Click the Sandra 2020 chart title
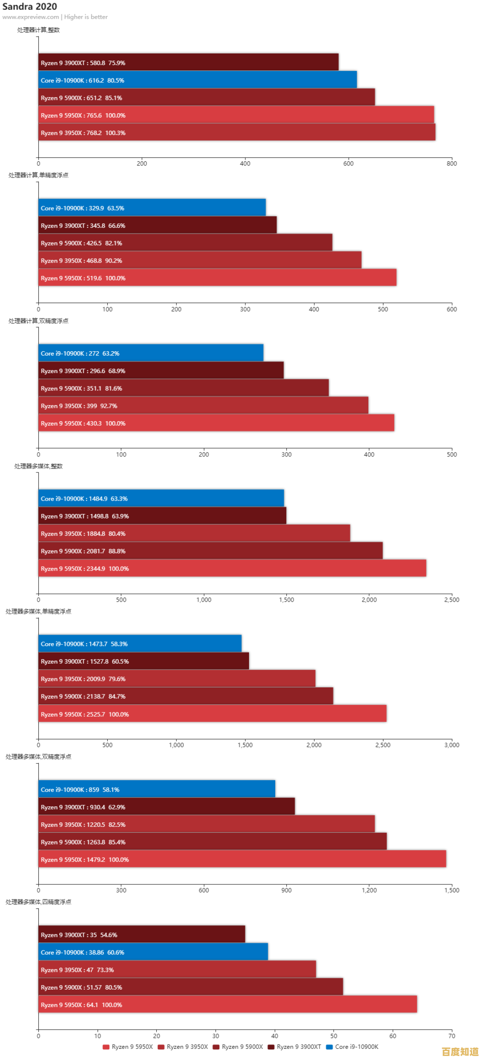coord(29,6)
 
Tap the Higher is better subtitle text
coord(86,17)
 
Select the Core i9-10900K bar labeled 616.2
coord(197,80)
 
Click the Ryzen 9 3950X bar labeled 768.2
coord(236,132)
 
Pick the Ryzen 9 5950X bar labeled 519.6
coord(217,277)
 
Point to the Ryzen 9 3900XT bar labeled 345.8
coord(157,225)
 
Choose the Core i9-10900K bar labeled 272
coord(151,353)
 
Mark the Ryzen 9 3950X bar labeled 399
coord(203,405)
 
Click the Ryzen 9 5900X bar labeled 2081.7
coord(210,551)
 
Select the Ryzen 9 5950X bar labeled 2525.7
coord(212,714)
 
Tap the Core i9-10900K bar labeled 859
coord(156,789)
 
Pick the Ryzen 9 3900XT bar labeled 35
coord(142,934)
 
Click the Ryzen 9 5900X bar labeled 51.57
coord(191,987)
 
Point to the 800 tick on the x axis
coord(452,164)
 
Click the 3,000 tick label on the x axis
coord(452,745)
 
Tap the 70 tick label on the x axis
coord(452,1035)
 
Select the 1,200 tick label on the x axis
coord(369,890)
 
